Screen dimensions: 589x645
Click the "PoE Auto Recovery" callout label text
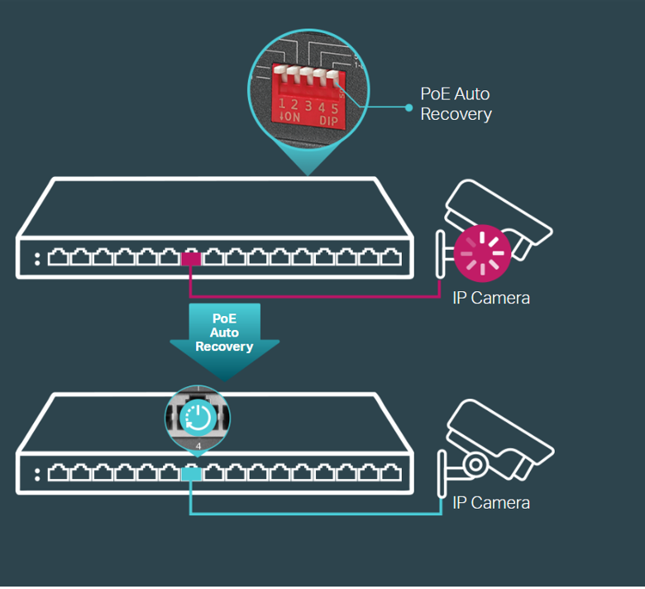pos(456,105)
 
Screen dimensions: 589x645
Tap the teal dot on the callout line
pos(408,107)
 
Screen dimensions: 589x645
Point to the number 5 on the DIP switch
pos(333,106)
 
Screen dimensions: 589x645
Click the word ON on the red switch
pos(290,118)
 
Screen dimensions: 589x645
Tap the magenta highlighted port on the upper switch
pos(191,258)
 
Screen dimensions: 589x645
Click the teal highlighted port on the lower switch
pos(191,473)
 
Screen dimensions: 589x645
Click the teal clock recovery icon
pos(198,418)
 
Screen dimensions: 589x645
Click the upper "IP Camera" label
pos(491,298)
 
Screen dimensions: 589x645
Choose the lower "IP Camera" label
pos(491,502)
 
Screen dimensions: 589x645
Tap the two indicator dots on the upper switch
pos(37,258)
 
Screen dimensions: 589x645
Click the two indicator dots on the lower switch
pos(37,474)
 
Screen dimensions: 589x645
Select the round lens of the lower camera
pos(475,464)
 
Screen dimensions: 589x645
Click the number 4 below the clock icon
pos(198,446)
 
